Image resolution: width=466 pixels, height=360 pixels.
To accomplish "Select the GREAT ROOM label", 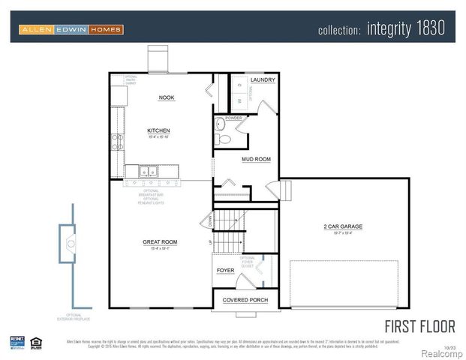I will point(160,241).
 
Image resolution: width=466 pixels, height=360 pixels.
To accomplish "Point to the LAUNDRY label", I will point(263,79).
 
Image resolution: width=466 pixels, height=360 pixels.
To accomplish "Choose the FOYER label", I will point(225,270).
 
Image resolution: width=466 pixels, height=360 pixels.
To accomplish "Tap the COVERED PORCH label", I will point(245,300).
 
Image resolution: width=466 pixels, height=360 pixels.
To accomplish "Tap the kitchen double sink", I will point(146,172).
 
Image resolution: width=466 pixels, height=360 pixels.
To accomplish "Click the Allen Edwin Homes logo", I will point(71,29).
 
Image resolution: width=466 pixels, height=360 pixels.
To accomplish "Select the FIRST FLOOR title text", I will point(419,326).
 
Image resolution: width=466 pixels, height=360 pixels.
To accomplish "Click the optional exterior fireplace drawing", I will point(70,241).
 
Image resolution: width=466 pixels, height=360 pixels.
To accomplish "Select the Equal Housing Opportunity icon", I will point(36,343).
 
